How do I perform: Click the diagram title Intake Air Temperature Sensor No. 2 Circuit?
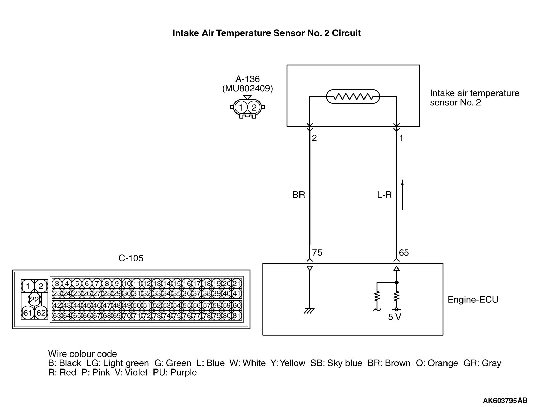266,33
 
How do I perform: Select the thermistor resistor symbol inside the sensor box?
353,97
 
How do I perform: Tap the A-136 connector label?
247,79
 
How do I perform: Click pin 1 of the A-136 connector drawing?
241,108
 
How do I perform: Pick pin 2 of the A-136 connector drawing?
254,108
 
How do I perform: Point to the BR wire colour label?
298,195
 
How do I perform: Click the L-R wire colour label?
384,195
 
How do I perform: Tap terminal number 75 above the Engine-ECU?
317,253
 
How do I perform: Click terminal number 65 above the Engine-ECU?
404,253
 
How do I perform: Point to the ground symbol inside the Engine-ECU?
309,310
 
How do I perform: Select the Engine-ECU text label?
473,300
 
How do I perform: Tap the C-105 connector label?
131,258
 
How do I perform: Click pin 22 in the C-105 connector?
34,300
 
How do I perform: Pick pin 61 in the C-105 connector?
28,313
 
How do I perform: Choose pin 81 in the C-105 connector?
237,316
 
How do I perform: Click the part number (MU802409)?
247,89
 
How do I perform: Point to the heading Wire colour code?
82,354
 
